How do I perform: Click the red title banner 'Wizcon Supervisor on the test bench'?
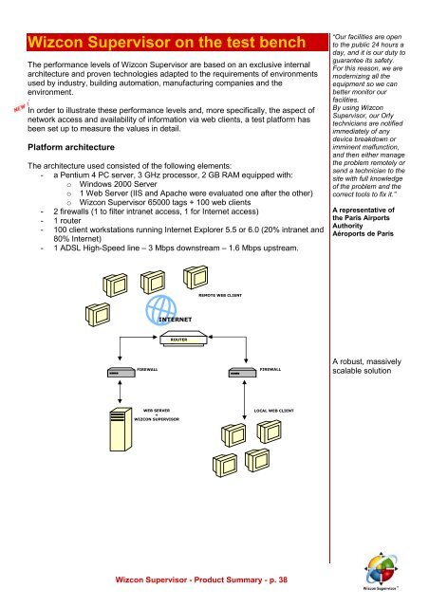click(x=177, y=42)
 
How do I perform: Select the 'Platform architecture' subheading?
click(x=71, y=148)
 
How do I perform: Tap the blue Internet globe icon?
click(x=160, y=310)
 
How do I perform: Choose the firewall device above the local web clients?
click(x=242, y=372)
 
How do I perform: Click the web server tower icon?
click(x=121, y=428)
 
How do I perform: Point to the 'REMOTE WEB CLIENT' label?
click(x=220, y=295)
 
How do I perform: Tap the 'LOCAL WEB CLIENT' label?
click(x=273, y=411)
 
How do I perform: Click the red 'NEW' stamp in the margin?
click(x=21, y=107)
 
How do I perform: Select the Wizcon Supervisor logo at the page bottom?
click(x=381, y=571)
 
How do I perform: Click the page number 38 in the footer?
click(x=283, y=579)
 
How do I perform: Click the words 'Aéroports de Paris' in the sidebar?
click(x=363, y=234)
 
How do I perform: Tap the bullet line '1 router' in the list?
click(x=67, y=221)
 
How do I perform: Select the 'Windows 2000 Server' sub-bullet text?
click(x=119, y=184)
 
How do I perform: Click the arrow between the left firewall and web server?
click(x=120, y=392)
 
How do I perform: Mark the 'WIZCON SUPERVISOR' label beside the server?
click(x=157, y=419)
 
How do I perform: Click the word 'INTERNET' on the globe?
click(x=176, y=320)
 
